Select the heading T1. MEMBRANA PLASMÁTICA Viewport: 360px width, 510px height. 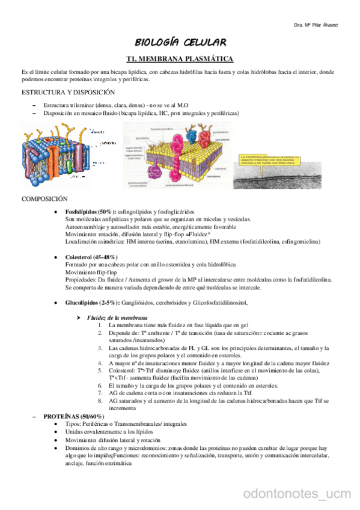pos(180,58)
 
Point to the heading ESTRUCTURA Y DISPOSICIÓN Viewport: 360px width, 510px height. pos(67,93)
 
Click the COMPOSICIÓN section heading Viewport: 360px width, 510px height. pos(44,198)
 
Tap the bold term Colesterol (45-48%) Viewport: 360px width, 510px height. pos(91,257)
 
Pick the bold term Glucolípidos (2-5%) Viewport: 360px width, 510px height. pos(92,302)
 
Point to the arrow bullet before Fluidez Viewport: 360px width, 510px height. pos(79,317)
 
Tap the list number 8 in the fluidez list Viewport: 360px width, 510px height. pos(100,399)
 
